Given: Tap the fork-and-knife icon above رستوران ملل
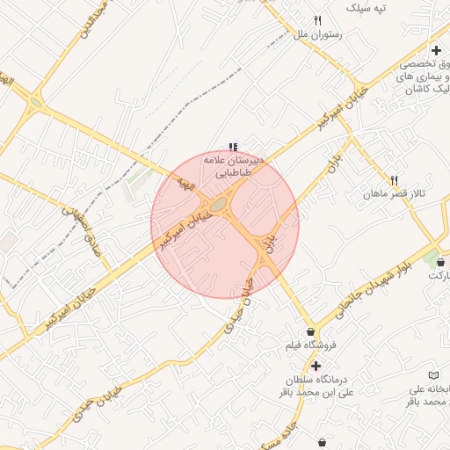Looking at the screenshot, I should tap(318, 20).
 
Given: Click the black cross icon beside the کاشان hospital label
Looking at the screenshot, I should tap(436, 50).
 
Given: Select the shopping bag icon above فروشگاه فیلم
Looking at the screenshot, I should tap(311, 331).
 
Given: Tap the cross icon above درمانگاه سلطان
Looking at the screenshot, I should tap(316, 365).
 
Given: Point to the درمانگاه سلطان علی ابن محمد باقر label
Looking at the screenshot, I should tap(316, 385).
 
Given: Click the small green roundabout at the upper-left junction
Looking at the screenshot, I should tap(36, 102).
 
